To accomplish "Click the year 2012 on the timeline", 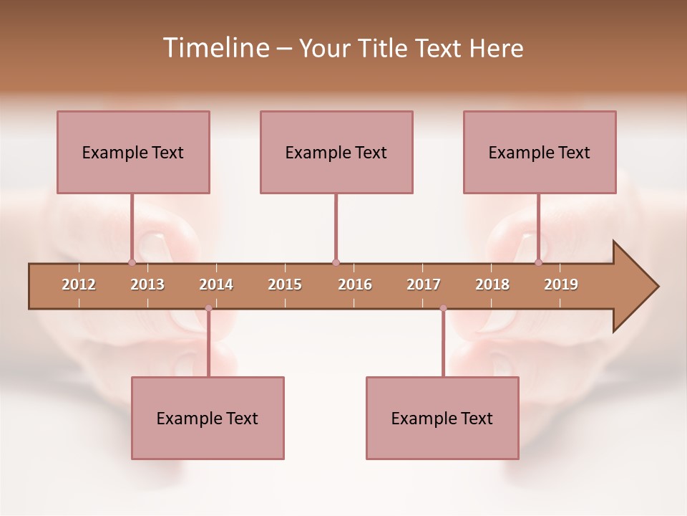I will tap(79, 285).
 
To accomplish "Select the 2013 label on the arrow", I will tap(147, 285).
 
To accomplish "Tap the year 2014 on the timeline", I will tap(216, 285).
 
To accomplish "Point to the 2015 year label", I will tap(285, 285).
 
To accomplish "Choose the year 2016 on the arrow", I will tap(355, 285).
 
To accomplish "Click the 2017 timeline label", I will tap(424, 285).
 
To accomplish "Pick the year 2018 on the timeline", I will tap(492, 285).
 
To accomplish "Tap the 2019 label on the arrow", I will tap(561, 285).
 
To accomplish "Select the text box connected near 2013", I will tap(133, 152).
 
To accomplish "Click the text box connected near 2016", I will tap(336, 152).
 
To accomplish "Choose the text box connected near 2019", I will tap(540, 152).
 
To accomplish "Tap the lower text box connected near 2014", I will tap(208, 418).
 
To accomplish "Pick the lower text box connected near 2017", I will tap(442, 418).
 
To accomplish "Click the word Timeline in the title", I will tap(215, 48).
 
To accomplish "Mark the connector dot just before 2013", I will tap(132, 262).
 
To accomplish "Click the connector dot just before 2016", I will tap(336, 262).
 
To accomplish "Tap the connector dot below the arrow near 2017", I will tap(443, 308).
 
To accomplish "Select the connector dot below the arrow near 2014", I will tap(208, 308).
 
